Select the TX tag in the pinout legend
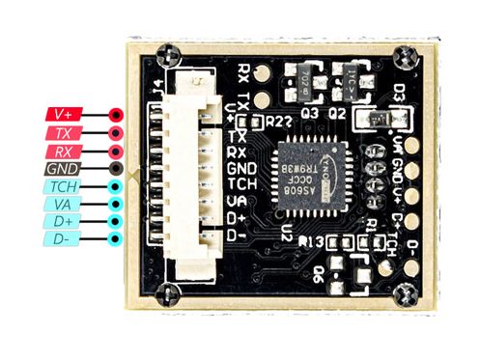coord(64,132)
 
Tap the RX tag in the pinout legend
coord(64,151)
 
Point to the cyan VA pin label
coord(63,204)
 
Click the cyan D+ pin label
coord(63,221)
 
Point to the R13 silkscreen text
coord(311,241)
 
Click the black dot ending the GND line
coord(116,168)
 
